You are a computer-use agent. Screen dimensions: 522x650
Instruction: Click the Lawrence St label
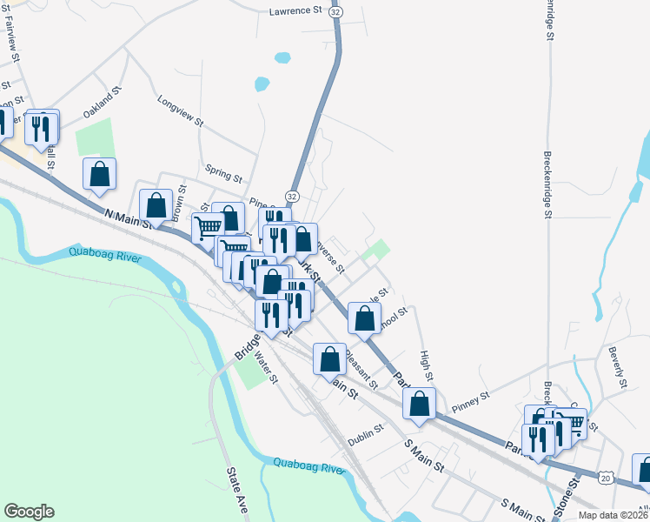coord(295,11)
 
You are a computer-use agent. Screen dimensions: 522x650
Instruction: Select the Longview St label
coord(180,111)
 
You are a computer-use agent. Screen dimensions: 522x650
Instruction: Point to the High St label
coord(426,365)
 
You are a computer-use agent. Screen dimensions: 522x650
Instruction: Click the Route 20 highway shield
coord(606,477)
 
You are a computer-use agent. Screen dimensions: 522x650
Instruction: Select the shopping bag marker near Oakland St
coord(100,174)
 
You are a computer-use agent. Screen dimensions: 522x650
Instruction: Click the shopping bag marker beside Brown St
coord(156,205)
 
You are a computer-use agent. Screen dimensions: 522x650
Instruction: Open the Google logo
coord(29,512)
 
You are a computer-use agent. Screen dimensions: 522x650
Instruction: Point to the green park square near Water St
coord(252,373)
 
